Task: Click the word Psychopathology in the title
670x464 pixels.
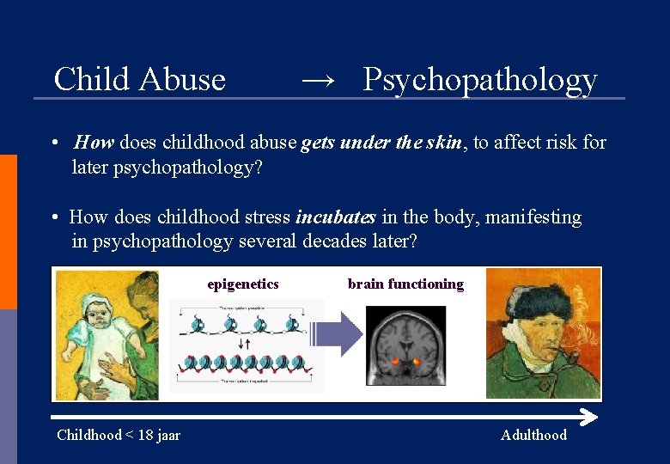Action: click(x=479, y=79)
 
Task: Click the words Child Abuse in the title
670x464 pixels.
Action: click(x=139, y=79)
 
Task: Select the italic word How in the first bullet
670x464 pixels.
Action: click(x=94, y=143)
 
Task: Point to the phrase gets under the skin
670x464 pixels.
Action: click(x=382, y=143)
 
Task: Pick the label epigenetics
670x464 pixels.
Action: click(x=243, y=284)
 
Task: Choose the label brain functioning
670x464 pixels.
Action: click(x=405, y=284)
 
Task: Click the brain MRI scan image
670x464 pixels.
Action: click(x=405, y=346)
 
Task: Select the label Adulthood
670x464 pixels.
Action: click(x=533, y=435)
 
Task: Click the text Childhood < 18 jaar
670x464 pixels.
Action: click(x=119, y=435)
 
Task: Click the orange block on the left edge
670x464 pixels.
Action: click(x=8, y=232)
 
